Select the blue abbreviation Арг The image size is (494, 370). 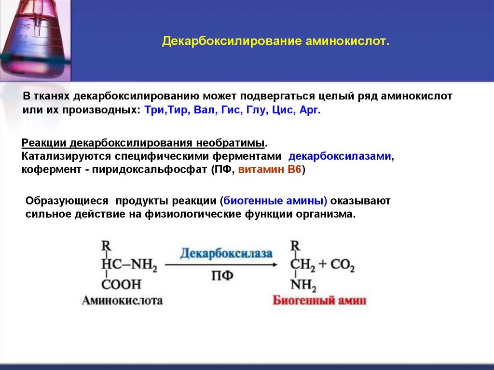tap(310, 110)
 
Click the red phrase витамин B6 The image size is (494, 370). tap(270, 171)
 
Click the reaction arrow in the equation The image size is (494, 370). tap(222, 265)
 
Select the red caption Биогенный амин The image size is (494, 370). tap(319, 301)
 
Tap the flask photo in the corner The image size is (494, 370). tap(35, 40)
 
